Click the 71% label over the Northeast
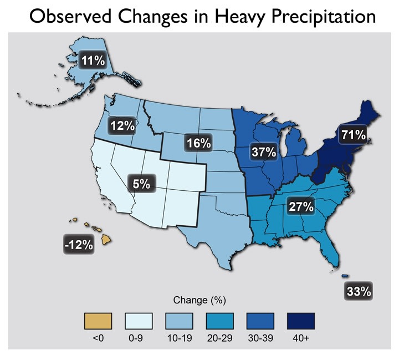point(354,134)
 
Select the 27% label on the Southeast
point(300,207)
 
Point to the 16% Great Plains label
point(198,143)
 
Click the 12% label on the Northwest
point(122,125)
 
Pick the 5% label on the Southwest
point(141,183)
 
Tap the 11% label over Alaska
point(93,60)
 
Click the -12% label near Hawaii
point(78,244)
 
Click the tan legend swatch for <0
point(98,321)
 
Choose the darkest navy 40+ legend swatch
point(300,321)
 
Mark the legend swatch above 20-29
point(219,321)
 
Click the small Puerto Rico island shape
point(345,276)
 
